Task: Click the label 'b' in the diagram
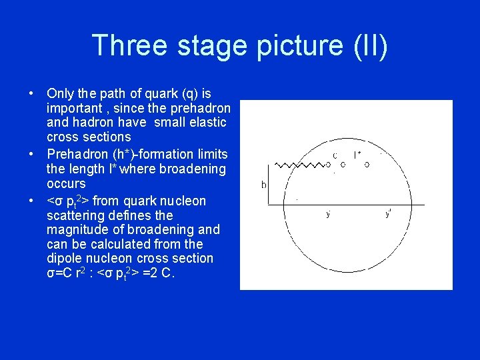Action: click(x=263, y=184)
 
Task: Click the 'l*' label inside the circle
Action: click(x=357, y=155)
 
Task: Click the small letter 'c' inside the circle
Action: click(x=335, y=155)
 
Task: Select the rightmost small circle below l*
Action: click(x=367, y=165)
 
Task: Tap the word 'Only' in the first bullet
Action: click(x=59, y=93)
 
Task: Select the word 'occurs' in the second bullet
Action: click(x=66, y=183)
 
